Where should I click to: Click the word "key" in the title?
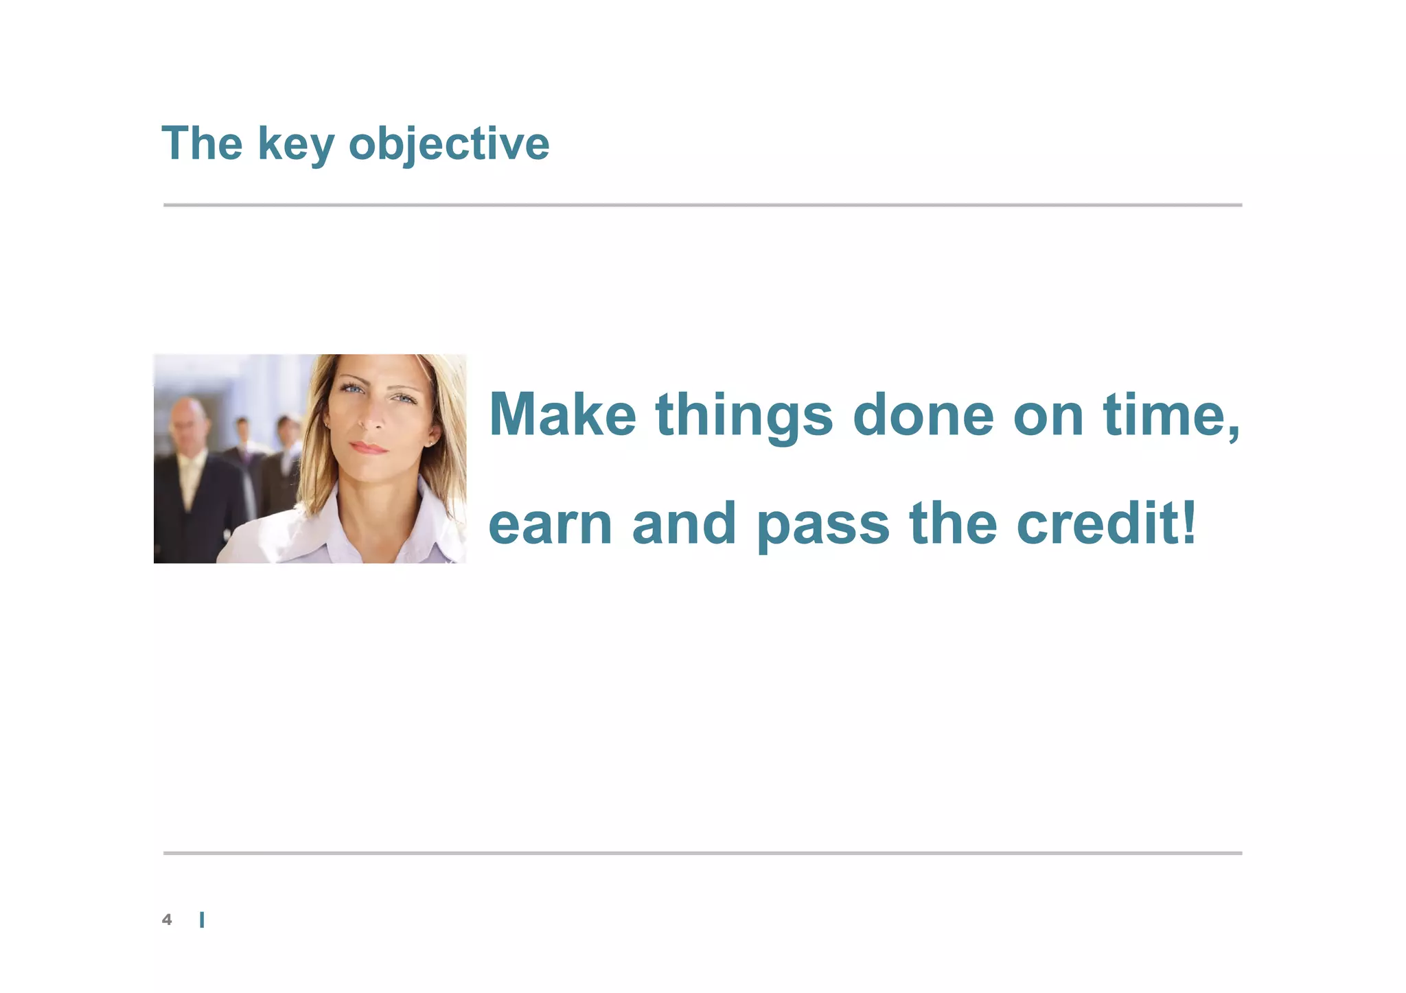pyautogui.click(x=296, y=144)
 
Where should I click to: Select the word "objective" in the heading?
pyautogui.click(x=449, y=144)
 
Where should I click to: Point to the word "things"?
pyautogui.click(x=744, y=415)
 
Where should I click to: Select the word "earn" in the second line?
pyautogui.click(x=550, y=524)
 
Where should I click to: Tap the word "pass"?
pyautogui.click(x=823, y=525)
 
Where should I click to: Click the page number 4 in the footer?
pyautogui.click(x=167, y=920)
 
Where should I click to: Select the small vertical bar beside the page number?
pyautogui.click(x=202, y=920)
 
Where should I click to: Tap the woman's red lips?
pyautogui.click(x=369, y=447)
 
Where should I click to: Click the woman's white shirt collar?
pyautogui.click(x=419, y=522)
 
